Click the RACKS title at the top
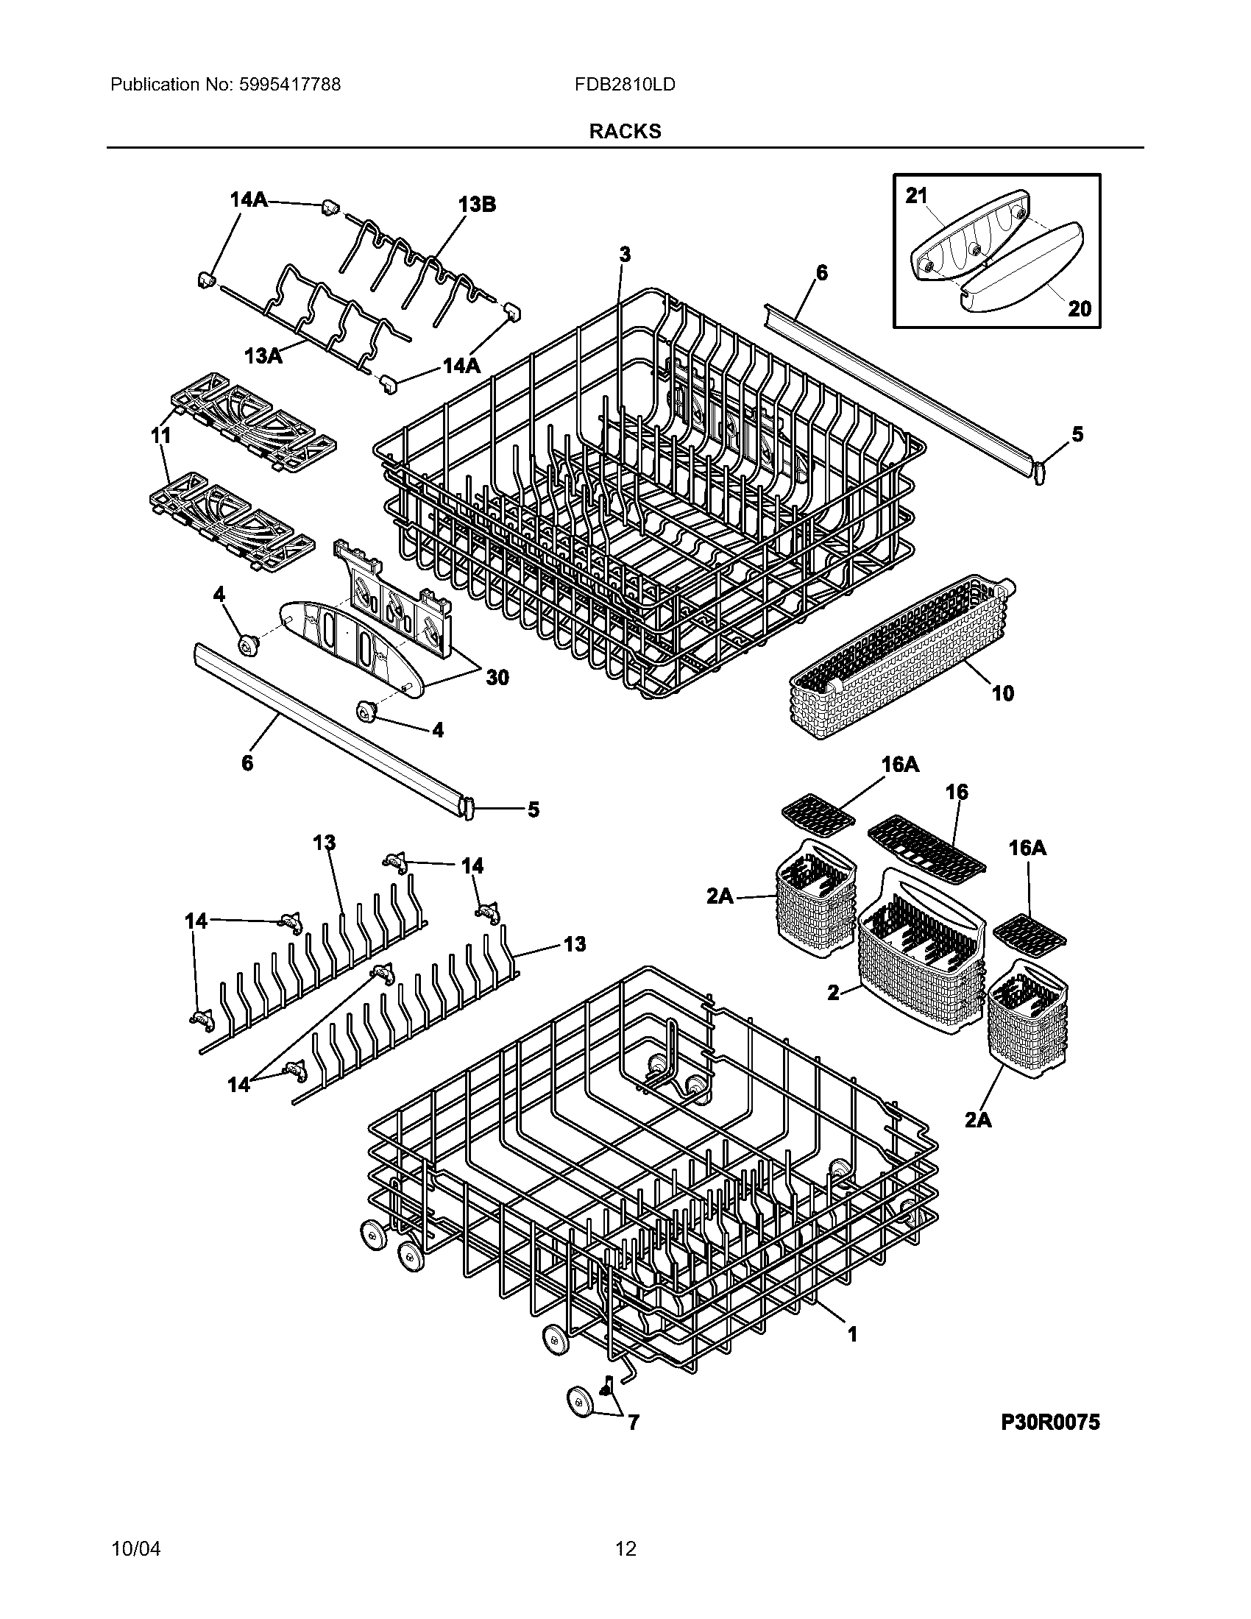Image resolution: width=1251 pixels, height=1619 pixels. [625, 131]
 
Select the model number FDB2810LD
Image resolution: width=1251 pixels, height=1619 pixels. [625, 85]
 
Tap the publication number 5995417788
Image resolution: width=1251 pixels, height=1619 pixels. [290, 85]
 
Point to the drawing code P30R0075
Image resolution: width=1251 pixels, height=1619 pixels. [1050, 1422]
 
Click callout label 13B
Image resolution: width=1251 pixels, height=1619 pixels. [477, 205]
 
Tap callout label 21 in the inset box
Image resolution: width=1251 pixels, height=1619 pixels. [916, 196]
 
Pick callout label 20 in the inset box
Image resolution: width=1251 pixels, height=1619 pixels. [1079, 308]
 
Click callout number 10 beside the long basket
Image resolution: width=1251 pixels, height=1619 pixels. [1002, 693]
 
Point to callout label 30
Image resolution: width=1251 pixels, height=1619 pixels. [497, 677]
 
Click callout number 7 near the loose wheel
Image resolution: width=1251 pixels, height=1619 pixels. [633, 1422]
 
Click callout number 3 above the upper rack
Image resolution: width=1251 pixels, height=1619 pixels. [625, 255]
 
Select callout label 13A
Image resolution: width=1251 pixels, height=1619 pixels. [264, 356]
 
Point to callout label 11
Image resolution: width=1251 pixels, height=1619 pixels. [160, 436]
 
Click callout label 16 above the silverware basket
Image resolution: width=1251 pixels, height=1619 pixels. [956, 792]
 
